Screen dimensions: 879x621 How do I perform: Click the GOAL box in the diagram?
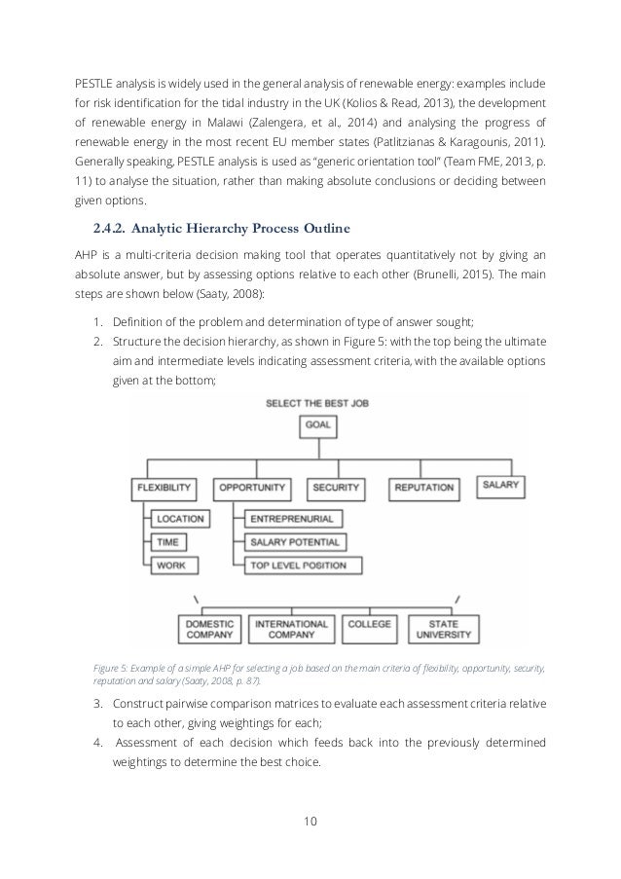pos(318,425)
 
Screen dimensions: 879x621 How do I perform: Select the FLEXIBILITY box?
pos(163,487)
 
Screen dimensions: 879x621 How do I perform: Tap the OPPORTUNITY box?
pos(252,487)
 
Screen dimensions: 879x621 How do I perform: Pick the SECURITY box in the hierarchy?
pos(336,487)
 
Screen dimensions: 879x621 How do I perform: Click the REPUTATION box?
pos(424,487)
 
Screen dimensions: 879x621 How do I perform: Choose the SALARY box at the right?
pos(501,484)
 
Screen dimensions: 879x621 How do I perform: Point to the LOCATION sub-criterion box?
pos(180,519)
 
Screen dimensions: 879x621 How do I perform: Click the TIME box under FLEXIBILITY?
pos(168,541)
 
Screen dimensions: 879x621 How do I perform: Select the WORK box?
pos(170,565)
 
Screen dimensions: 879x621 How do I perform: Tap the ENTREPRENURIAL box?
pos(291,519)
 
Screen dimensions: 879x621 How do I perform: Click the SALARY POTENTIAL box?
pos(295,541)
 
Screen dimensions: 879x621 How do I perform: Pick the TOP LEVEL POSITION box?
pos(301,565)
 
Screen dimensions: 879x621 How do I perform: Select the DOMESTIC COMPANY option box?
pos(208,629)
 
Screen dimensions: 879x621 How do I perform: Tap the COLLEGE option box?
pos(369,624)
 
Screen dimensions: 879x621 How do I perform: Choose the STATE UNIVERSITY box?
pos(444,629)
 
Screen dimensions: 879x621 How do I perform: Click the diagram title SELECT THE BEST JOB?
pos(317,402)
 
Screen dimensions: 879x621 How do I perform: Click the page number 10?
pos(310,821)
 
